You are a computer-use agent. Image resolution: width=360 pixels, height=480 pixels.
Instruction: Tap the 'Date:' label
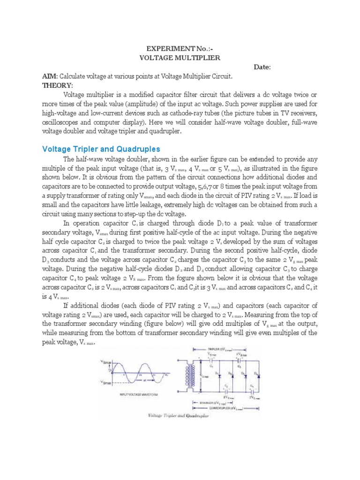[262, 67]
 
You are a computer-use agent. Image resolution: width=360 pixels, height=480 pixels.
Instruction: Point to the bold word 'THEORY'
[58, 85]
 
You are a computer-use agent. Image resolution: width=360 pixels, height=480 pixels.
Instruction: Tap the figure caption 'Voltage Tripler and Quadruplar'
[179, 416]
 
